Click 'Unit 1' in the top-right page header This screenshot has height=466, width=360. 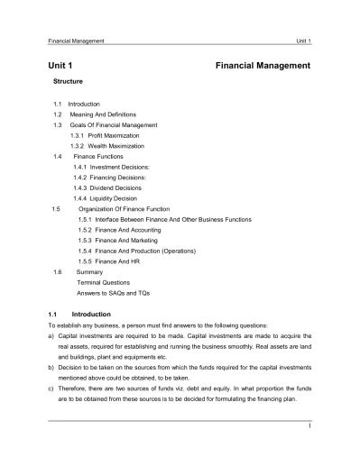tap(302, 41)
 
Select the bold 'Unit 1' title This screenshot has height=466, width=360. tap(60, 66)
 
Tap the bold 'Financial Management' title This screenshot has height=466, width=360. tap(263, 66)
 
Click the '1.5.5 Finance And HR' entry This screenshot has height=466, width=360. tap(111, 260)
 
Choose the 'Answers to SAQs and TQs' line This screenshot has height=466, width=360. tap(113, 291)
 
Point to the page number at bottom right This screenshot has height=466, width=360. tap(309, 427)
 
